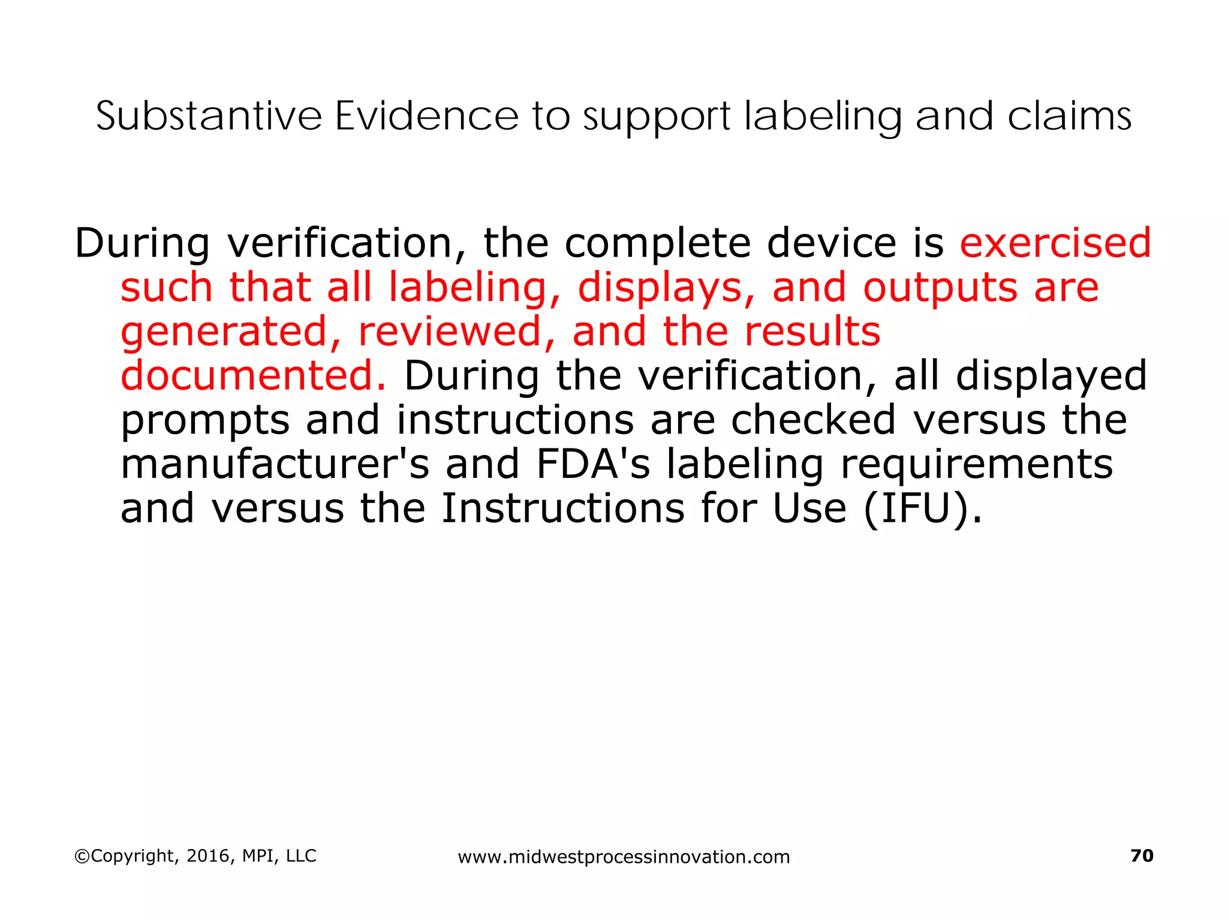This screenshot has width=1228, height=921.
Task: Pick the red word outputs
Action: tap(940, 288)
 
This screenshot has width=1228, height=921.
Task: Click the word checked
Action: tap(813, 420)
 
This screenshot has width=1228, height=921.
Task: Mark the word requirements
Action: tap(977, 465)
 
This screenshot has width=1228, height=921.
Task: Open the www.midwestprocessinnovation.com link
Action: tap(624, 857)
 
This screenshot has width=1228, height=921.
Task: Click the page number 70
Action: tap(1142, 856)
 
